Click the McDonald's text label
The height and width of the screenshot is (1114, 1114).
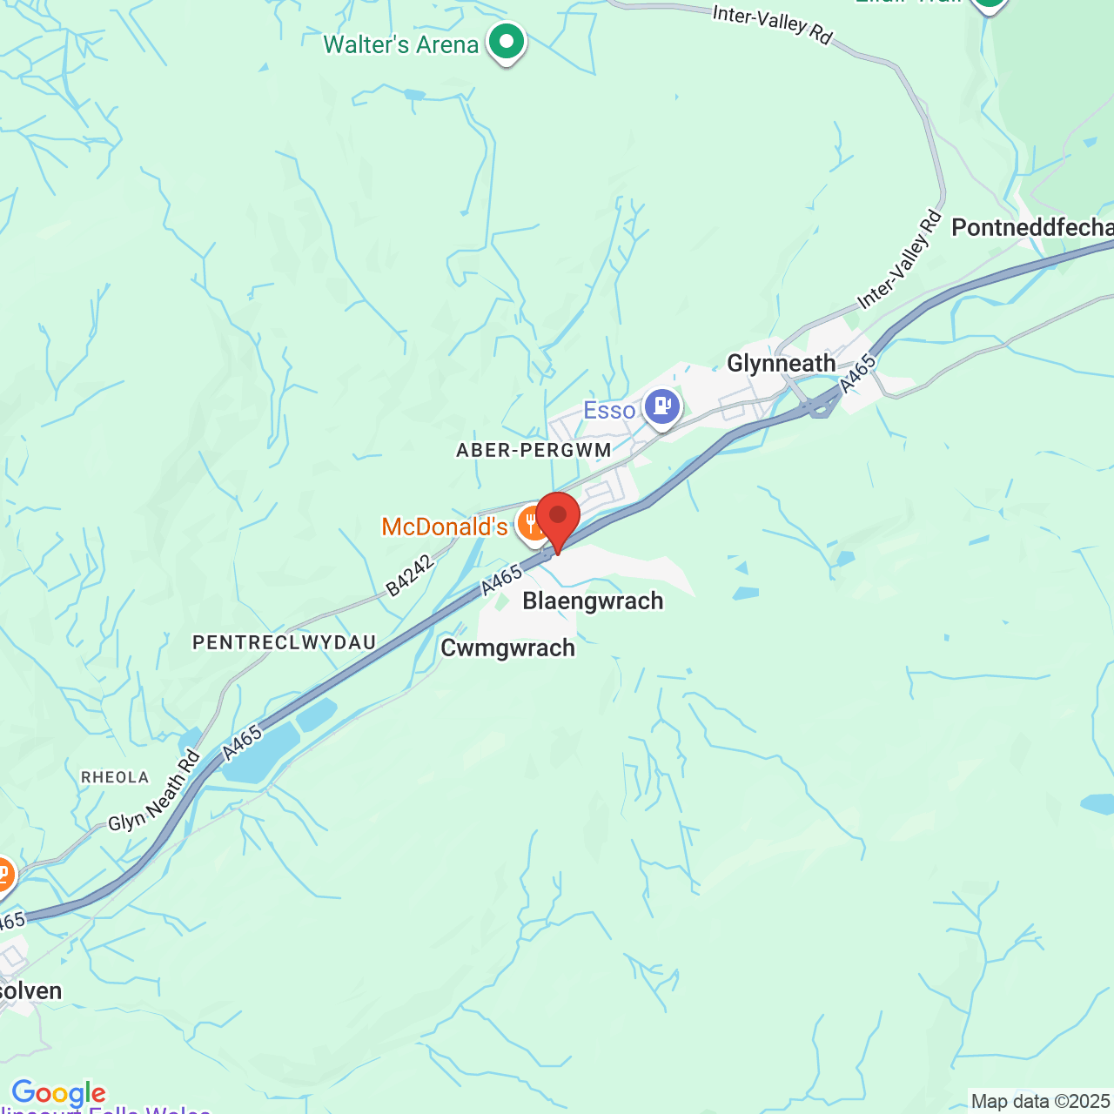pyautogui.click(x=445, y=527)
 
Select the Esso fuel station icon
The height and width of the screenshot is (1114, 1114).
pyautogui.click(x=661, y=406)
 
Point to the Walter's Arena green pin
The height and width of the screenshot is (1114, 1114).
pyautogui.click(x=506, y=40)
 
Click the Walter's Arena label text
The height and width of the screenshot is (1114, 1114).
pyautogui.click(x=401, y=44)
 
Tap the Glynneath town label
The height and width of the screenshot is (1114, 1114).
pyautogui.click(x=781, y=363)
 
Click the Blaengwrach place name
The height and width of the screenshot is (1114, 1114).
pyautogui.click(x=593, y=601)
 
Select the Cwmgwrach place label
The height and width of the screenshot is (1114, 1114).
pyautogui.click(x=507, y=648)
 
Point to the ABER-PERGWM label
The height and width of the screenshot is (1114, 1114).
pyautogui.click(x=534, y=450)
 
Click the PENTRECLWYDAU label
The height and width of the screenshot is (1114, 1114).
pyautogui.click(x=285, y=642)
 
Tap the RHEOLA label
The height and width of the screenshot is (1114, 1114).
pyautogui.click(x=115, y=777)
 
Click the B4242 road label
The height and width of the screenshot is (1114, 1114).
pyautogui.click(x=409, y=575)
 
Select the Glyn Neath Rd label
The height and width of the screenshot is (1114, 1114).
pyautogui.click(x=154, y=790)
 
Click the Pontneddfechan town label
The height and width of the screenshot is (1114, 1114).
pyautogui.click(x=1032, y=228)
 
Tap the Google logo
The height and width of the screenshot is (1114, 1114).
pyautogui.click(x=58, y=1093)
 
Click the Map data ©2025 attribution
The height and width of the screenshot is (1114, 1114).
pyautogui.click(x=1040, y=1102)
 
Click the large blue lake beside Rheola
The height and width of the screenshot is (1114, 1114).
pyautogui.click(x=253, y=753)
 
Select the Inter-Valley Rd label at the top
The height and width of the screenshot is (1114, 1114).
pyautogui.click(x=772, y=24)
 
